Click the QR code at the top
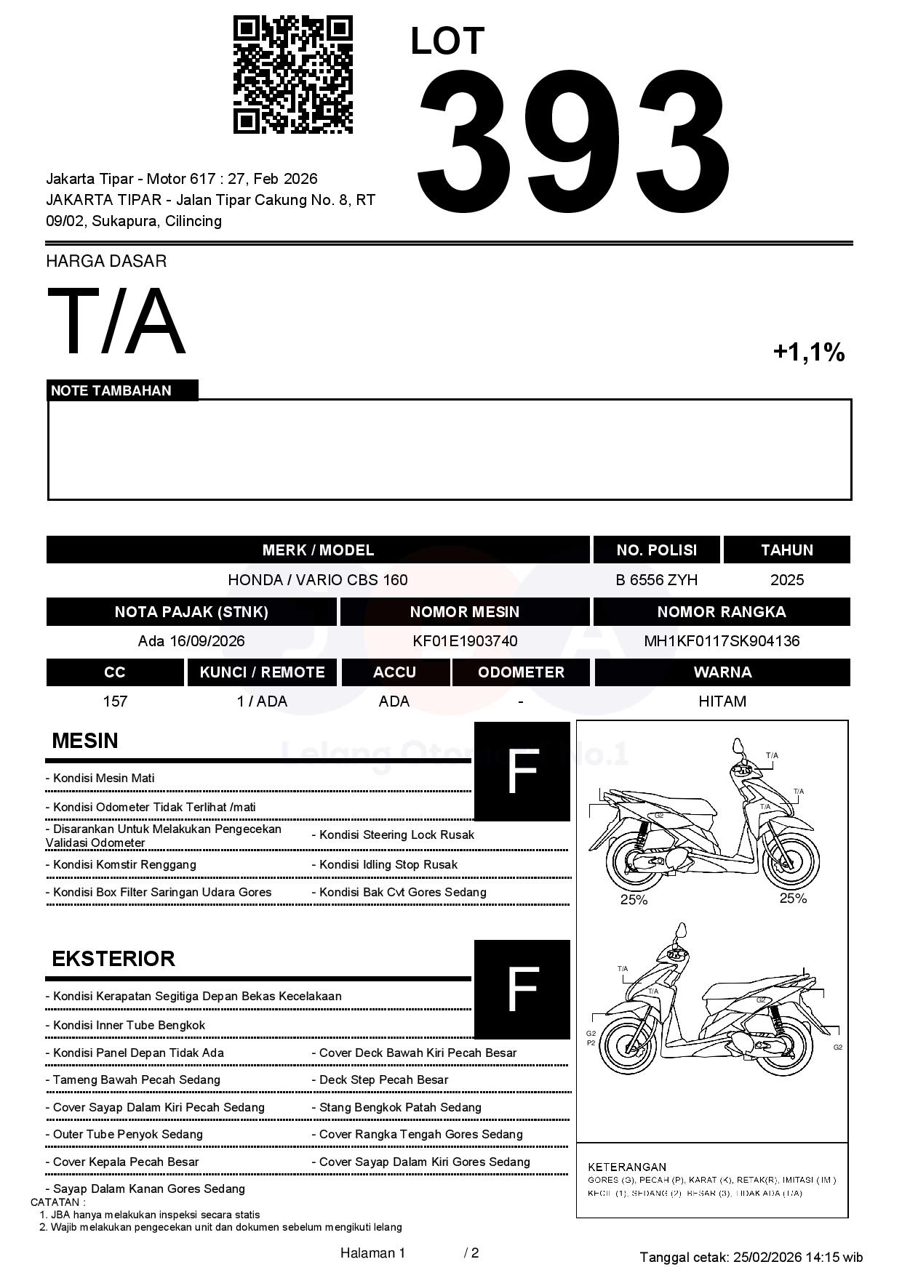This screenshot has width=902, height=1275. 292,75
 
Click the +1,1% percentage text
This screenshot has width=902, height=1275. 808,353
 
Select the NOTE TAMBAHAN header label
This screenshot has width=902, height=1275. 111,390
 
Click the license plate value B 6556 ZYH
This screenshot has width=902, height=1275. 656,579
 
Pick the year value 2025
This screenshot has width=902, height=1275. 787,579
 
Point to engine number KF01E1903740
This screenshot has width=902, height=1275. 465,640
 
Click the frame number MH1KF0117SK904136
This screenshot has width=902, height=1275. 722,640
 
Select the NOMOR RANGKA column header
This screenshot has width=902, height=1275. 722,611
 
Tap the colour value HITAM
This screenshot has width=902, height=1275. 722,701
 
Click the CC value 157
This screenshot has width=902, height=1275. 115,701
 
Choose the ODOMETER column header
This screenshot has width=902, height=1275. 521,672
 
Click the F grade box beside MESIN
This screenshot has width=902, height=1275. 522,771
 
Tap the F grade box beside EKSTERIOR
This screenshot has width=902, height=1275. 522,989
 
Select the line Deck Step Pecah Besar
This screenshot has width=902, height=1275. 383,1079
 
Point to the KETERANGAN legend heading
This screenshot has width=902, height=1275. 627,1167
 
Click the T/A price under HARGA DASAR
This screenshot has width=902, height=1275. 116,321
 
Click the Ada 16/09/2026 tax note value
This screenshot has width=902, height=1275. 191,640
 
